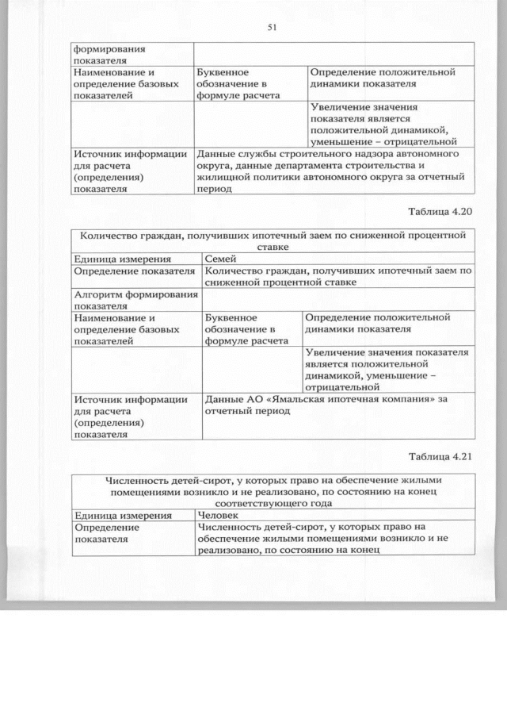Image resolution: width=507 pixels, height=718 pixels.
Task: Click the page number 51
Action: click(x=271, y=27)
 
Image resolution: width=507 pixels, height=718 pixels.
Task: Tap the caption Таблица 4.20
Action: click(x=440, y=212)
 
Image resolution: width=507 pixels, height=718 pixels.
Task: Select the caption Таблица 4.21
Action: click(x=440, y=456)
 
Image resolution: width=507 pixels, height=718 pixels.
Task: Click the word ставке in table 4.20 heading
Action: click(x=273, y=246)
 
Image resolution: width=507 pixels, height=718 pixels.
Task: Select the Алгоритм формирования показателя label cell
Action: click(x=135, y=299)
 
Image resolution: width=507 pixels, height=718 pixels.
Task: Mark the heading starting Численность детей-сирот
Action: click(x=273, y=491)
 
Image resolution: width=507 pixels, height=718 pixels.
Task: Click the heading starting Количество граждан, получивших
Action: click(x=273, y=240)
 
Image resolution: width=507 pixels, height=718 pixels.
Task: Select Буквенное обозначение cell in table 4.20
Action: click(x=251, y=330)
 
